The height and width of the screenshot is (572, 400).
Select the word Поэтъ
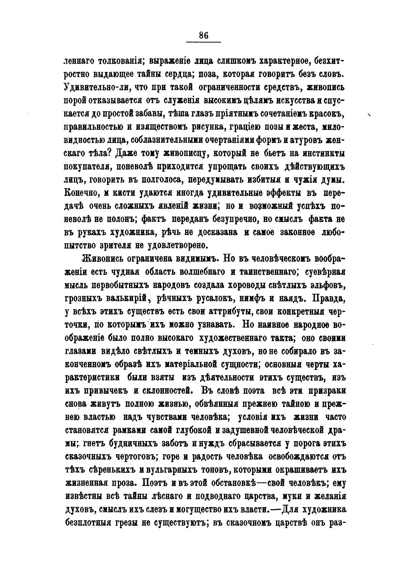coord(153,484)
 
